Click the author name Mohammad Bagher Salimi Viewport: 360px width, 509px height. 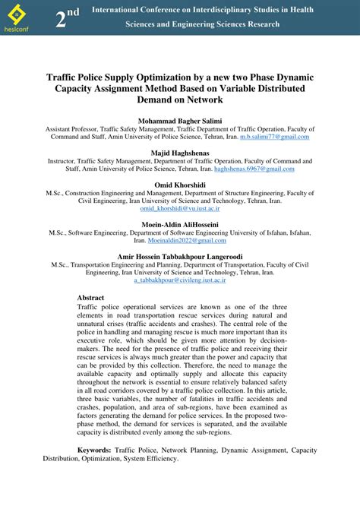point(179,121)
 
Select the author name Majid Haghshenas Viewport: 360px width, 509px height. point(179,153)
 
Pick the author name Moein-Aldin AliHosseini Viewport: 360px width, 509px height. point(179,224)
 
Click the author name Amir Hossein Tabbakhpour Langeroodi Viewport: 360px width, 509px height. point(179,256)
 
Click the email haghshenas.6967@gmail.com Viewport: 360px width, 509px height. point(253,169)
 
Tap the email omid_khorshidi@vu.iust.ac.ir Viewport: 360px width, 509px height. point(179,208)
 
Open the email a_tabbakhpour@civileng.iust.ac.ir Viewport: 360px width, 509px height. point(179,280)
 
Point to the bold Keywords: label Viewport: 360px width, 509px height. point(95,450)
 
